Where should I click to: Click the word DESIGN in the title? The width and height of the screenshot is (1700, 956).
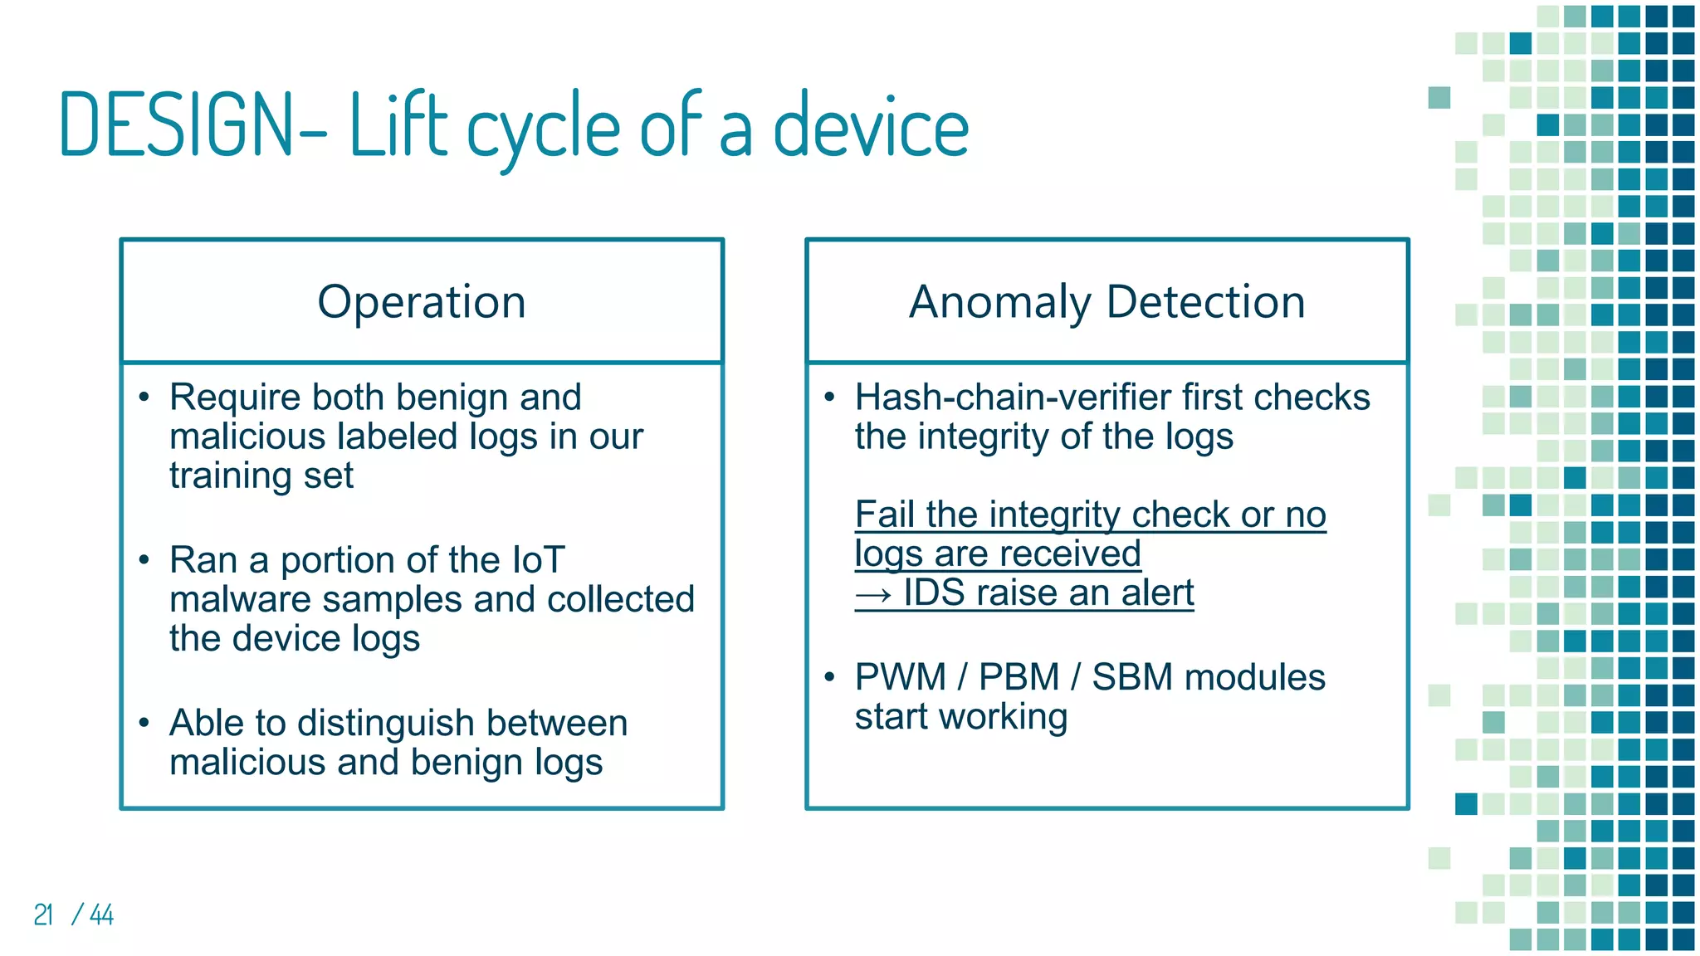pos(178,125)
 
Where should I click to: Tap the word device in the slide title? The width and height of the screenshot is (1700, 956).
pos(871,127)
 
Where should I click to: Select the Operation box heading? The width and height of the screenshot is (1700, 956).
pos(422,301)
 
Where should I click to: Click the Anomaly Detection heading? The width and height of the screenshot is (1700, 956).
pos(1106,301)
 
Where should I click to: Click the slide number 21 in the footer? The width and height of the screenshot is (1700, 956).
pos(43,915)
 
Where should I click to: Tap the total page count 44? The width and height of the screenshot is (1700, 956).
pos(102,915)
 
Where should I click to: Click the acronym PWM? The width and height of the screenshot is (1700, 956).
pos(900,677)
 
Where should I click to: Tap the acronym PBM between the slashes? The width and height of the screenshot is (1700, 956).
pos(1019,677)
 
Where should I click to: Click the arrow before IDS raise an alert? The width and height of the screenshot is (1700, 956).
pos(873,594)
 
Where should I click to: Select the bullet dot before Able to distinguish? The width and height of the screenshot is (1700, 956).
pos(144,723)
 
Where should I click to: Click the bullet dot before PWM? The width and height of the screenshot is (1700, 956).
pos(829,677)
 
